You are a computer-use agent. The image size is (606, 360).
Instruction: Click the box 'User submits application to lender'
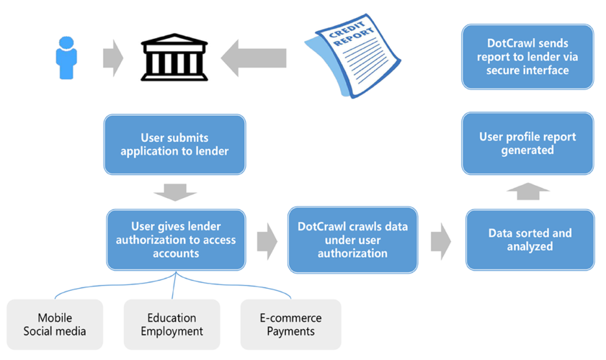(x=174, y=144)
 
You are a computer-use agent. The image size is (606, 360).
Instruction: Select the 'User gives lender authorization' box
(x=176, y=240)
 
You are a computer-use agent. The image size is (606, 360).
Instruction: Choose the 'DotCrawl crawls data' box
(x=352, y=240)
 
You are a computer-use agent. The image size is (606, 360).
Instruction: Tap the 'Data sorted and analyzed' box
(x=530, y=240)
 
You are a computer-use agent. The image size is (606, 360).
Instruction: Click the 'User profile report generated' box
(x=527, y=143)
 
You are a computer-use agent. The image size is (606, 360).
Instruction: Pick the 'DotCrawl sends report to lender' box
(x=527, y=57)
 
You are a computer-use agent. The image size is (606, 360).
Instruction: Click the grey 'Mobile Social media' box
(x=55, y=325)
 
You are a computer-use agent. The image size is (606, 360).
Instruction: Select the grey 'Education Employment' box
(x=171, y=325)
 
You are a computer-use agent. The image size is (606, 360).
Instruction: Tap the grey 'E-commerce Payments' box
(x=290, y=325)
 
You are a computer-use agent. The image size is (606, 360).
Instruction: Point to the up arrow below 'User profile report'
(x=528, y=191)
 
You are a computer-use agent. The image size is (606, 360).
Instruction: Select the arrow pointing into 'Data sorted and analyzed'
(x=441, y=240)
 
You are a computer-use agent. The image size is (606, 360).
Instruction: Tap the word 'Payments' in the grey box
(x=290, y=332)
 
